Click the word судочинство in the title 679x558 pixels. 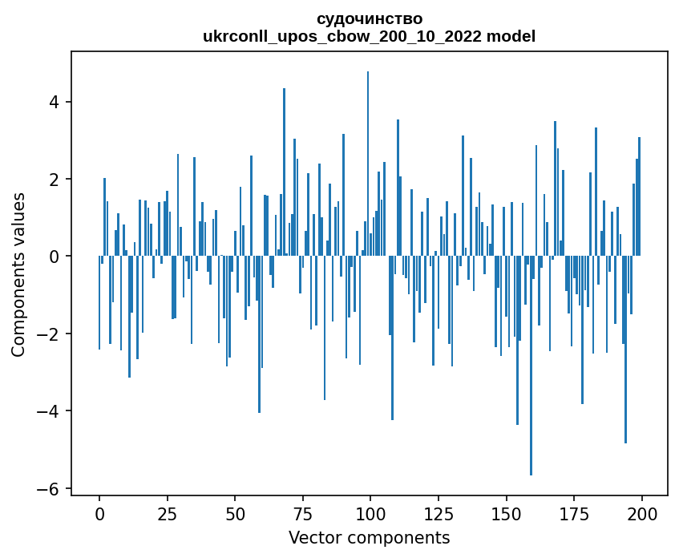pyautogui.click(x=369, y=18)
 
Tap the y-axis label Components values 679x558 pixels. pyautogui.click(x=18, y=274)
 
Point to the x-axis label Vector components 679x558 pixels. pyautogui.click(x=369, y=537)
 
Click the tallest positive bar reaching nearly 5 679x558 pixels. pyautogui.click(x=368, y=160)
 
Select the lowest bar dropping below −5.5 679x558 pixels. pyautogui.click(x=531, y=369)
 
